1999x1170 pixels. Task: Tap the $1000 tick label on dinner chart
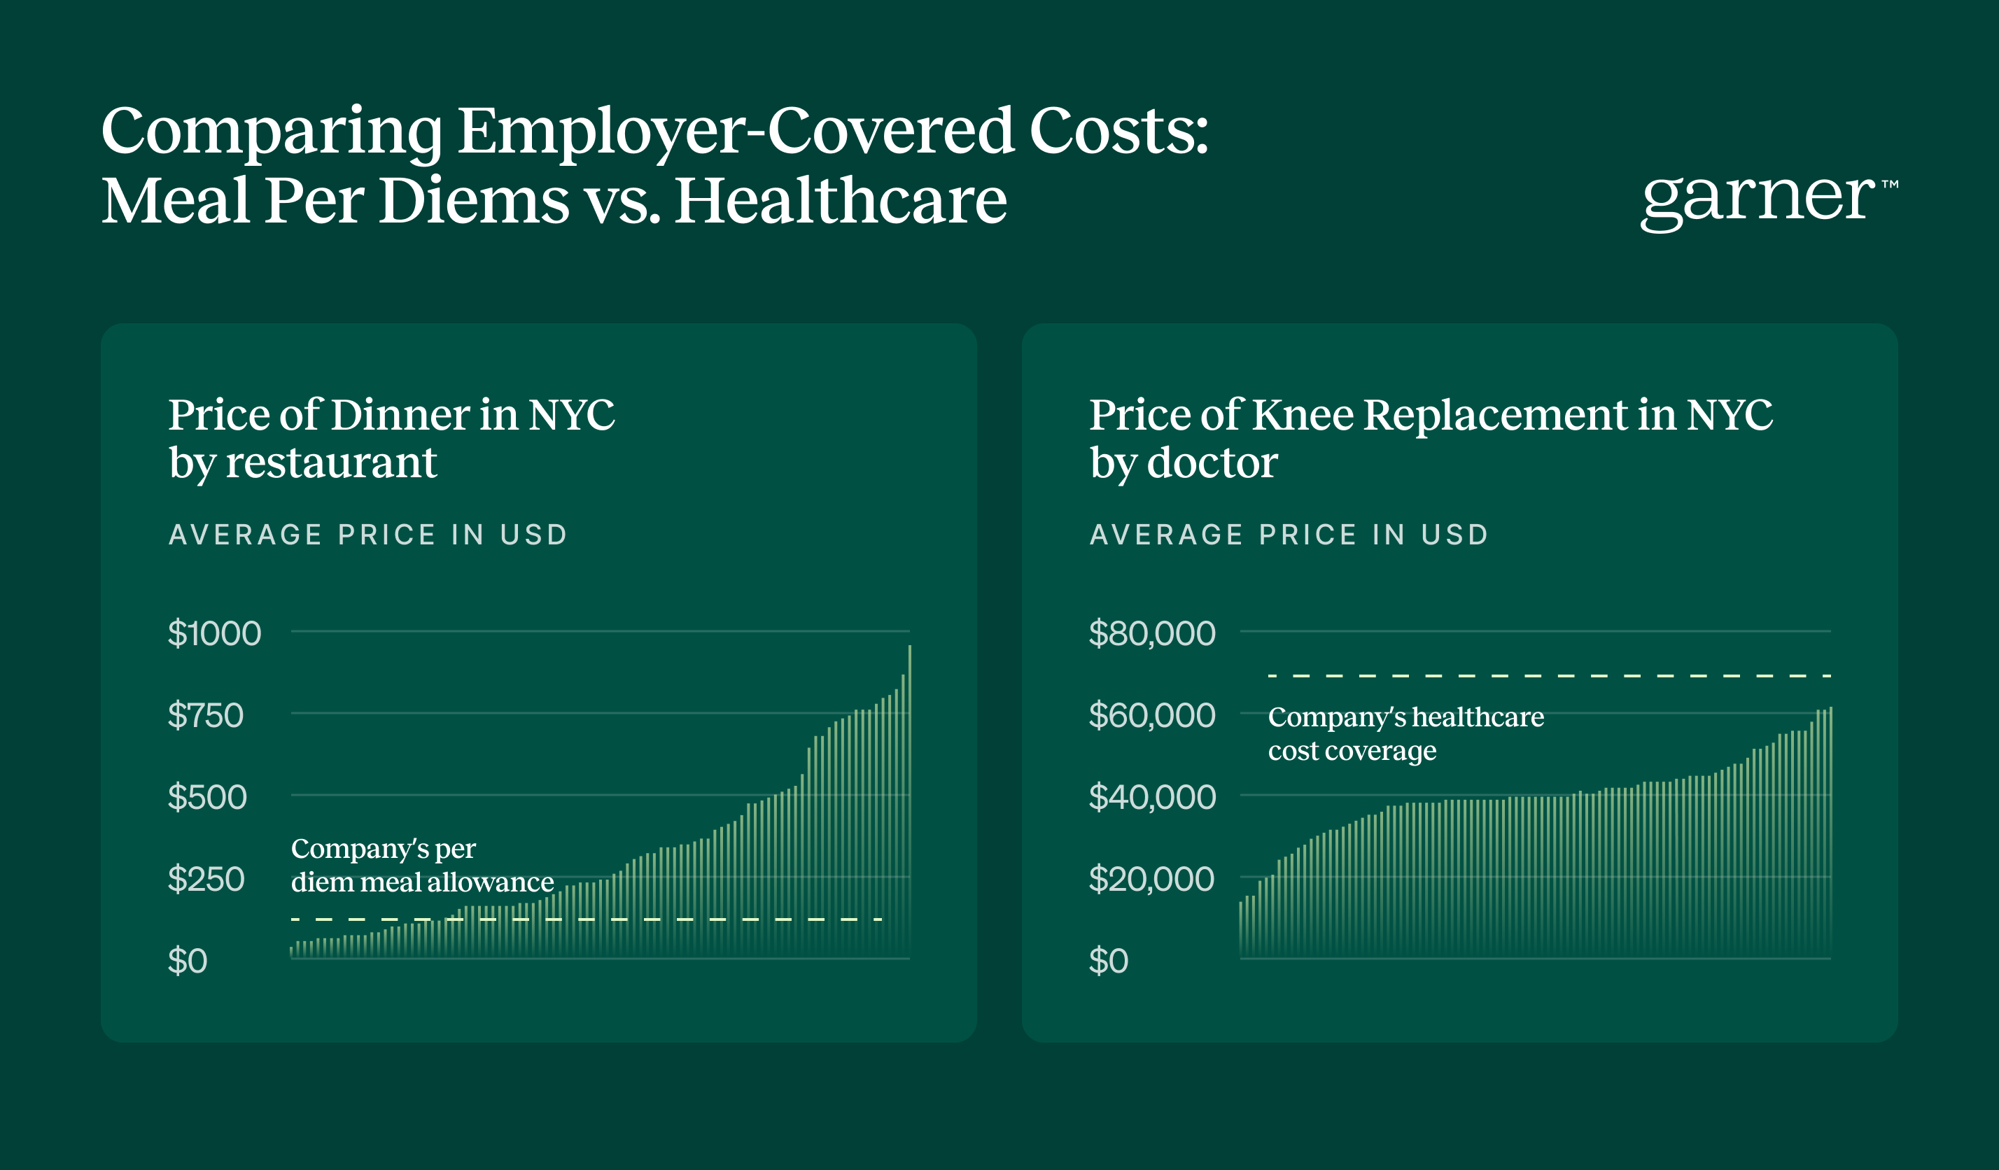click(214, 634)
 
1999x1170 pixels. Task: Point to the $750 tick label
click(206, 715)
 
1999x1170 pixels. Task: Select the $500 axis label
click(207, 797)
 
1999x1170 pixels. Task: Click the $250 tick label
click(206, 879)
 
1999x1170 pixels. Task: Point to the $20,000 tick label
click(1151, 879)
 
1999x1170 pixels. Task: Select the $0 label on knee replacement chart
click(1108, 961)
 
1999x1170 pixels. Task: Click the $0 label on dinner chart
click(187, 961)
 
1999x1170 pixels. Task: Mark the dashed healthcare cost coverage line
click(1547, 676)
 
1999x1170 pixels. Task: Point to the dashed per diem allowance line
click(587, 919)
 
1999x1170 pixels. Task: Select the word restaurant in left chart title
click(331, 463)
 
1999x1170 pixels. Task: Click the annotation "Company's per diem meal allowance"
click(422, 866)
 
